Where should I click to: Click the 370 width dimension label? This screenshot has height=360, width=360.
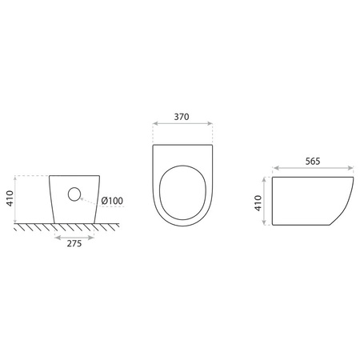[182, 117]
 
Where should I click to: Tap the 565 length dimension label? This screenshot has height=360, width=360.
[313, 162]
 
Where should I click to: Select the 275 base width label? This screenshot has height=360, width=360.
[74, 244]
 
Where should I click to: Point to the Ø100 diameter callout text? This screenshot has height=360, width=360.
[112, 201]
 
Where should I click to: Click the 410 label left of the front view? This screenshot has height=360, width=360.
[10, 198]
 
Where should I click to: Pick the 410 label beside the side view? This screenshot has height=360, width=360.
[258, 203]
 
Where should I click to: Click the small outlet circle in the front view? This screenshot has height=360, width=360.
[74, 194]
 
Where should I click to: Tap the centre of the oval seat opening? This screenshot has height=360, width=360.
[182, 193]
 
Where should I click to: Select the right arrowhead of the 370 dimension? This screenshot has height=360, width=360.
[210, 123]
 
